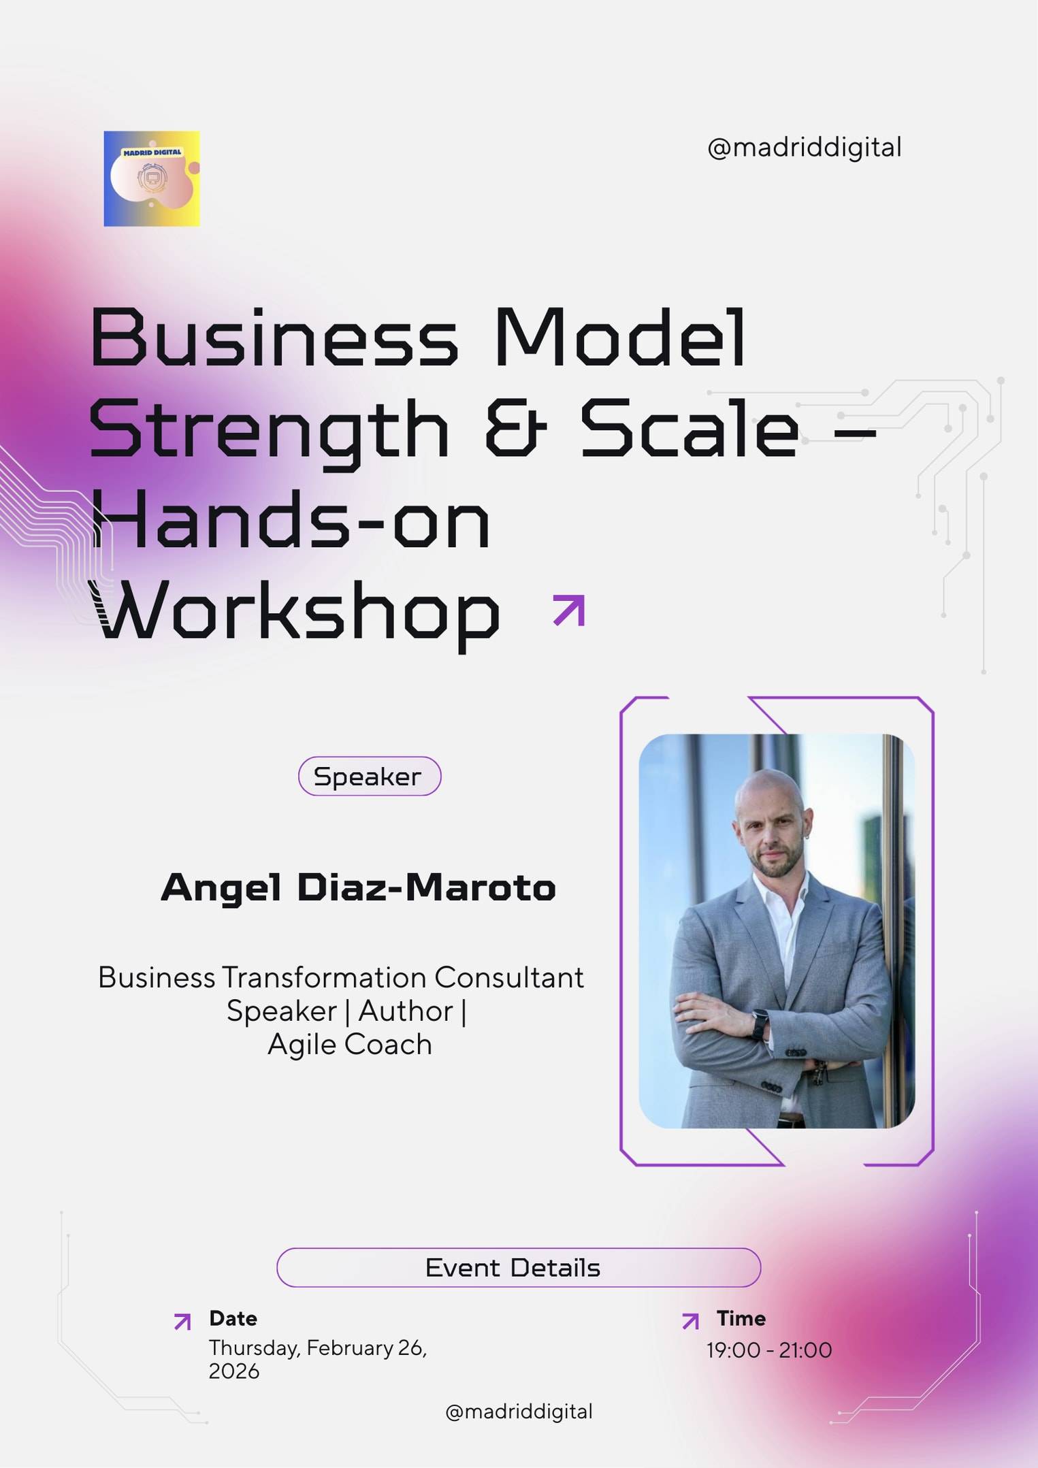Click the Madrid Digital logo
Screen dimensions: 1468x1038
152,178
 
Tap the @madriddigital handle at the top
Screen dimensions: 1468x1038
805,148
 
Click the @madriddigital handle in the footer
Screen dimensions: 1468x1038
519,1411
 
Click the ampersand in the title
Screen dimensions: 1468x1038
515,429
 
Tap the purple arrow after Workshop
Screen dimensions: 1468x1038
569,610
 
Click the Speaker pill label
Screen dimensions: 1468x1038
370,777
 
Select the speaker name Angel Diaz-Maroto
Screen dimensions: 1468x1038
358,887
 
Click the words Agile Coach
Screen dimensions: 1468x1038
350,1045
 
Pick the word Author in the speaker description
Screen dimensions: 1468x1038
406,1011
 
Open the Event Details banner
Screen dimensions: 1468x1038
518,1267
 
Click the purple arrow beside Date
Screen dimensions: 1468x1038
182,1322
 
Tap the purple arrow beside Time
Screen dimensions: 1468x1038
690,1321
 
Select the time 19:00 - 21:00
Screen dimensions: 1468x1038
769,1350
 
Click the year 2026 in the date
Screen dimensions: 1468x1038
233,1371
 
